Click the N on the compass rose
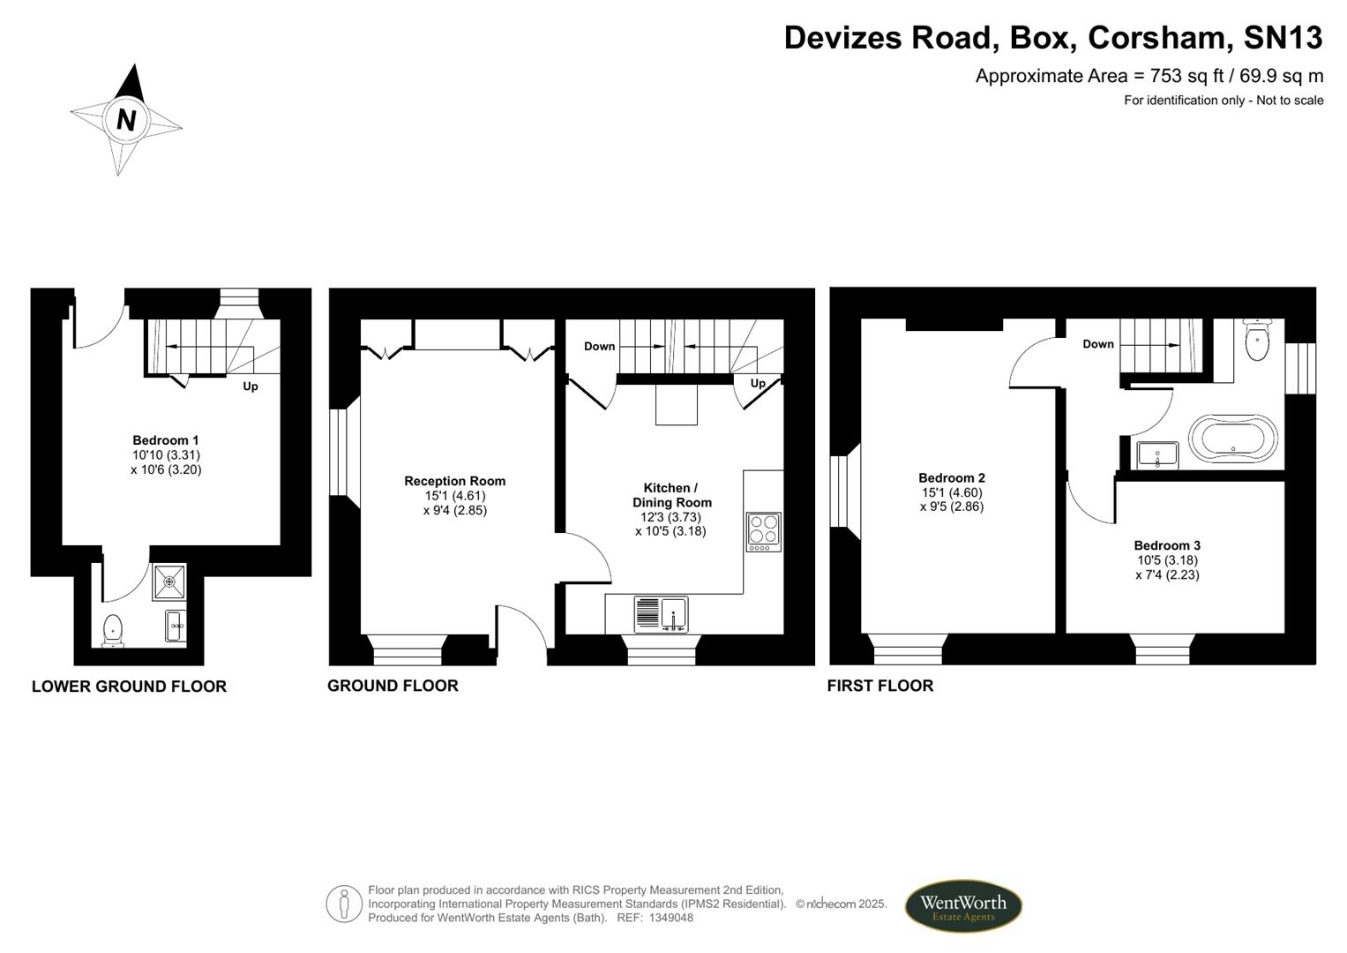[x=125, y=120]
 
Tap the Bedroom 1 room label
[x=166, y=454]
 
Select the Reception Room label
[x=454, y=496]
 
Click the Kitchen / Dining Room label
[x=671, y=509]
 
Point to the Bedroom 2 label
[x=952, y=492]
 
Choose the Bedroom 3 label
[x=1167, y=560]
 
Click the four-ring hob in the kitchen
[x=764, y=532]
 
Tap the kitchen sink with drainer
[x=661, y=614]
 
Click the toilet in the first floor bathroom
[x=1257, y=340]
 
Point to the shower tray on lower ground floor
[x=169, y=582]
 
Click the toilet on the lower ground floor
[x=112, y=631]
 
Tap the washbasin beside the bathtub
[x=1157, y=455]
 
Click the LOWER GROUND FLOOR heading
[x=130, y=687]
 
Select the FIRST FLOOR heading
[x=880, y=686]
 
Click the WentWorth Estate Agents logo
[x=963, y=906]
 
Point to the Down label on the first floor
[x=1098, y=344]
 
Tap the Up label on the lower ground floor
[x=251, y=386]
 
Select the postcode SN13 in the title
[x=1282, y=37]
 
